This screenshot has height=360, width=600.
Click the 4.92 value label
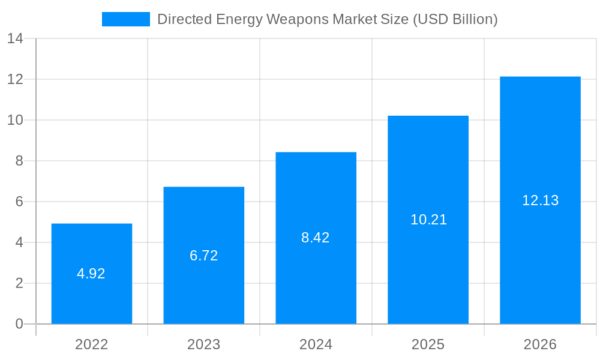coord(91,274)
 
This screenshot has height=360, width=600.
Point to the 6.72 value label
coord(204,256)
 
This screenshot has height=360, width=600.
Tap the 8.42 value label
coord(316,238)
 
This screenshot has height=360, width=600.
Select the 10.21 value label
coord(428,220)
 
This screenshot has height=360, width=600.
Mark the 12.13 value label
coord(540,200)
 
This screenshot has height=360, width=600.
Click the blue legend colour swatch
coord(126,19)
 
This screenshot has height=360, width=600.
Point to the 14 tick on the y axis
coord(15,38)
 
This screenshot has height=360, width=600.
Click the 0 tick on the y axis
coord(19,324)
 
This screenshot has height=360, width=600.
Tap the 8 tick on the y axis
coord(19,161)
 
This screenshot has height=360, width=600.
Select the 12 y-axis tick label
coord(15,79)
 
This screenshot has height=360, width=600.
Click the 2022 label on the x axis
coord(92,344)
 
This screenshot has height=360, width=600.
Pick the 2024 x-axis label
coord(316,344)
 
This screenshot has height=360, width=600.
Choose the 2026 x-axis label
coord(540,344)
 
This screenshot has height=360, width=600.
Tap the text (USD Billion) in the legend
coord(455,19)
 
